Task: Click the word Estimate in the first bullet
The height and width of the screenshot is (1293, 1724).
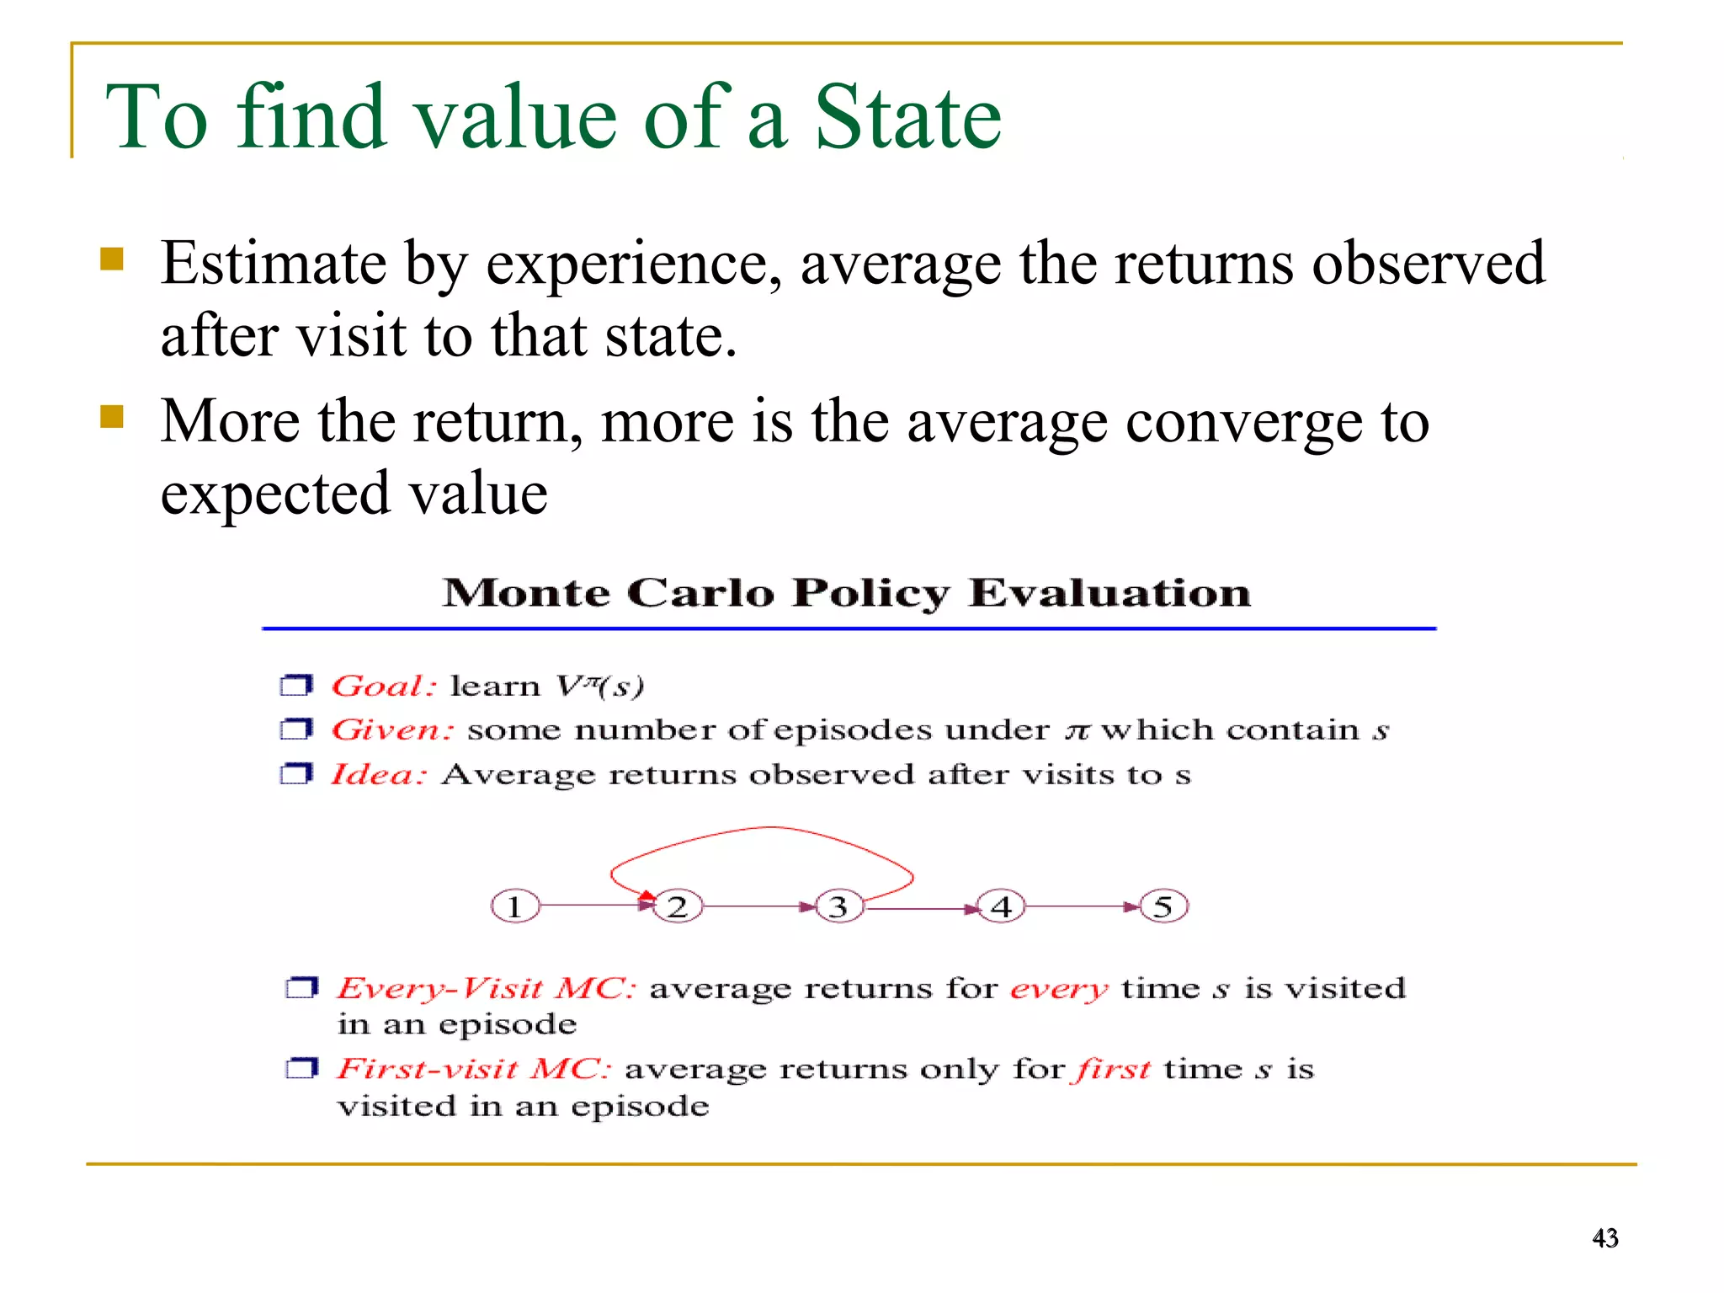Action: [273, 264]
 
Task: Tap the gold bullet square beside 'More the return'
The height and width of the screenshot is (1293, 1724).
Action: [111, 417]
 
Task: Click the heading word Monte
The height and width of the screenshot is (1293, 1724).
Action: [526, 593]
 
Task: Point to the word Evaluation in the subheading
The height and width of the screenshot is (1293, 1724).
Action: [1109, 593]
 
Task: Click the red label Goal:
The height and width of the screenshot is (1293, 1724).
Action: [383, 686]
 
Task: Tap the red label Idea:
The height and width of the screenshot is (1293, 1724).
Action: [378, 774]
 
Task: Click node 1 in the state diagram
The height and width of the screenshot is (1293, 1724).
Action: [514, 907]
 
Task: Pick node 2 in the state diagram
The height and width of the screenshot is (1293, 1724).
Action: [677, 907]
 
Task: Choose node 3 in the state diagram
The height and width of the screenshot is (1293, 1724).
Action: [838, 907]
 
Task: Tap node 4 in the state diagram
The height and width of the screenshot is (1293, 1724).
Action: [1001, 907]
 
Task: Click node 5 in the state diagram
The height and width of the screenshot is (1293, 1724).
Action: [1163, 907]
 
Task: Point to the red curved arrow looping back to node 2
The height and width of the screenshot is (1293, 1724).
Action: [766, 829]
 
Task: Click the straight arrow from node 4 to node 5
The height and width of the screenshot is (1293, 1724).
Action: [1082, 907]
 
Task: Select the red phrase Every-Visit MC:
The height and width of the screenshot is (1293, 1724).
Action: [486, 988]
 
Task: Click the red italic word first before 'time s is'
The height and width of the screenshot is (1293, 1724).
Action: [1111, 1069]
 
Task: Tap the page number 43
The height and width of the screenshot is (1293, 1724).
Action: [1604, 1237]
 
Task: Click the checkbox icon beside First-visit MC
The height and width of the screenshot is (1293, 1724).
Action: [301, 1069]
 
